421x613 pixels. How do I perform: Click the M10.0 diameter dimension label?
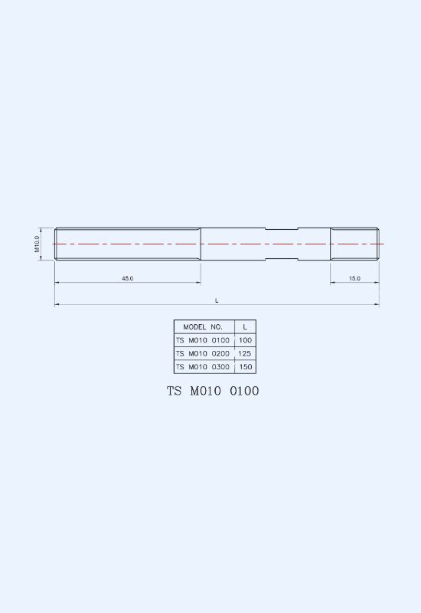pos(37,244)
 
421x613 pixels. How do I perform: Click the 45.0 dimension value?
pos(127,278)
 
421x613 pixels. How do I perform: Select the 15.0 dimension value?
pos(354,278)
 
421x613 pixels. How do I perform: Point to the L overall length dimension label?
pos(217,300)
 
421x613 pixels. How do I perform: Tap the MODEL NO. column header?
pos(203,327)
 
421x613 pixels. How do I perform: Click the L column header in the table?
pos(245,327)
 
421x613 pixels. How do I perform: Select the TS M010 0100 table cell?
pos(203,340)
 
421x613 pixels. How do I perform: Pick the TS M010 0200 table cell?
pos(203,353)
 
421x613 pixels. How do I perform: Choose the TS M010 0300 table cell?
pos(203,367)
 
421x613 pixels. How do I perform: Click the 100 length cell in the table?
pos(245,340)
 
